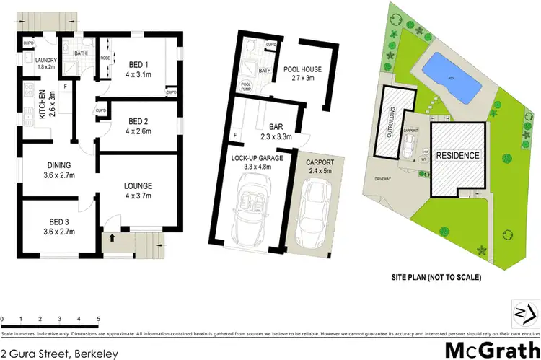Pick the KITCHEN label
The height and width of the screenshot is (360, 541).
tap(41, 105)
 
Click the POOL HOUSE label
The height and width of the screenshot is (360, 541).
tap(304, 69)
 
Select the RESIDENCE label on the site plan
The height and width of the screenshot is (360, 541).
tap(455, 155)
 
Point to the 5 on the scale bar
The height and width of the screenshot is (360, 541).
tap(97, 318)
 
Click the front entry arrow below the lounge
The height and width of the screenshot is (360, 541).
tap(113, 236)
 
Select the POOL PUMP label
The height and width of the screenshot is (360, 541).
tap(247, 85)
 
